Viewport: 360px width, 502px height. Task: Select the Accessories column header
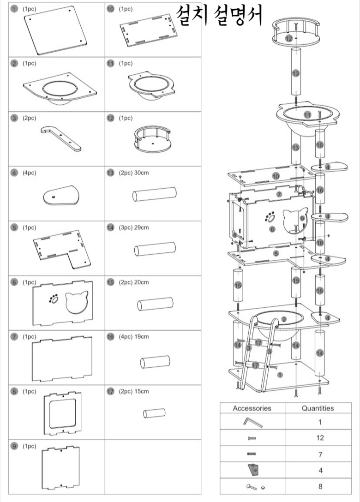click(252, 408)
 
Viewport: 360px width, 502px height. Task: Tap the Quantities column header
click(317, 408)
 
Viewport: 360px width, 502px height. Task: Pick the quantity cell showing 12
click(320, 438)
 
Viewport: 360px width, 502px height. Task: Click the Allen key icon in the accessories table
click(252, 422)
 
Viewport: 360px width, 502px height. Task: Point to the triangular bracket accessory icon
click(252, 470)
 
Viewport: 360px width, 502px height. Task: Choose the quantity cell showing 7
click(320, 454)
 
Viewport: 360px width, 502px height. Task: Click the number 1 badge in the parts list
click(15, 9)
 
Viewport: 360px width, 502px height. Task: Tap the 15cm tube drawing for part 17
click(154, 412)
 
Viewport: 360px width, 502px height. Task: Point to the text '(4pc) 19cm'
click(134, 337)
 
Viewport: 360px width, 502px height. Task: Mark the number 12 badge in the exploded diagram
click(288, 38)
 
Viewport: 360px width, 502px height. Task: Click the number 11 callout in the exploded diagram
click(307, 114)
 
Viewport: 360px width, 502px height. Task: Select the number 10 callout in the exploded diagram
click(276, 176)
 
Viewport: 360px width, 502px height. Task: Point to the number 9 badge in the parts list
click(15, 447)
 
